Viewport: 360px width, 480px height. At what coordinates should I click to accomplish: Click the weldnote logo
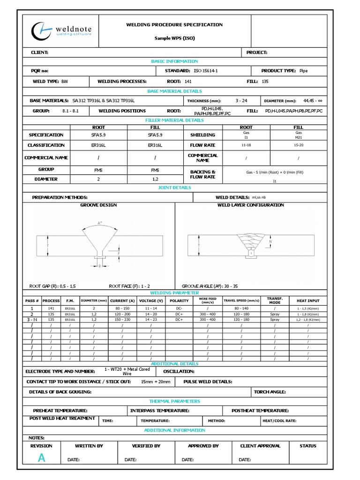pyautogui.click(x=61, y=30)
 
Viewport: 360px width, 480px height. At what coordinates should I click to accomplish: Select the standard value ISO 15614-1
pyautogui.click(x=206, y=71)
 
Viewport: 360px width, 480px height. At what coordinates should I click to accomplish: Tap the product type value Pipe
pyautogui.click(x=303, y=71)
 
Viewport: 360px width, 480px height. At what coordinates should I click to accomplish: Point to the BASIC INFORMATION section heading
pyautogui.click(x=174, y=61)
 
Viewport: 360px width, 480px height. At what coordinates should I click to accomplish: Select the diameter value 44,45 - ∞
pyautogui.click(x=316, y=101)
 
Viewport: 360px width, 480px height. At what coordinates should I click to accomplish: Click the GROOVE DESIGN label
pyautogui.click(x=98, y=205)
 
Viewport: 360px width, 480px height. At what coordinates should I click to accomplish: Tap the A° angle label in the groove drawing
pyautogui.click(x=100, y=223)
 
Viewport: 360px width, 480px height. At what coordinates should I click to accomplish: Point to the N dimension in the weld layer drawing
pyautogui.click(x=270, y=242)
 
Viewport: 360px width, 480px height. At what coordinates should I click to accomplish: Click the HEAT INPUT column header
pyautogui.click(x=308, y=300)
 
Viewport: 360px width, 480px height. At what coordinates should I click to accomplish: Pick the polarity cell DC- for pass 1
pyautogui.click(x=179, y=309)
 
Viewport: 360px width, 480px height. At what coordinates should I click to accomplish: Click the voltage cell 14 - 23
pyautogui.click(x=151, y=319)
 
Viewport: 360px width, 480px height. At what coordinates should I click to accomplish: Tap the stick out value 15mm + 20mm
pyautogui.click(x=156, y=382)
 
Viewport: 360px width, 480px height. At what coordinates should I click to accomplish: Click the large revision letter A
pyautogui.click(x=42, y=459)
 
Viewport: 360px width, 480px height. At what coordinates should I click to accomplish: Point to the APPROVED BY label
pyautogui.click(x=203, y=446)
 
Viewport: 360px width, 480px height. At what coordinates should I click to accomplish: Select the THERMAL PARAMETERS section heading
pyautogui.click(x=174, y=401)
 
